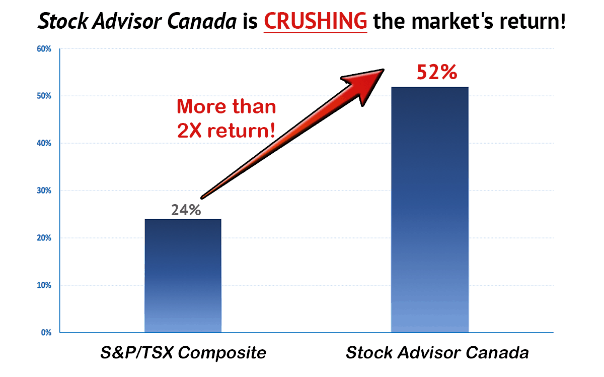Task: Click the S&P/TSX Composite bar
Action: [183, 276]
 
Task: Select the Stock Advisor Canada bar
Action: [430, 210]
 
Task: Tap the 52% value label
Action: [437, 72]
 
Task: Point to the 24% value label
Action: [186, 210]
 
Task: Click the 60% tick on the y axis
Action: [44, 49]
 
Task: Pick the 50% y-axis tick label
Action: [44, 96]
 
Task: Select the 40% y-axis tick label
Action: [44, 143]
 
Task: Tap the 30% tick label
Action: [44, 191]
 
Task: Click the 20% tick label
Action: [44, 238]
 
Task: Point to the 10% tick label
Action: [44, 285]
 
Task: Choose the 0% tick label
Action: [46, 333]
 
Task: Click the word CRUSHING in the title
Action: [316, 21]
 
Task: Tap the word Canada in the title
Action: [202, 21]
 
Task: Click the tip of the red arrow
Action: [384, 70]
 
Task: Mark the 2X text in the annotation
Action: [189, 131]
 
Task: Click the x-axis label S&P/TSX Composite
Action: [183, 352]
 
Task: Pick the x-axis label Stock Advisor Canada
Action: [437, 352]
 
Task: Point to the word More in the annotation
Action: [201, 106]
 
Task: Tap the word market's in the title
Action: [452, 21]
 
